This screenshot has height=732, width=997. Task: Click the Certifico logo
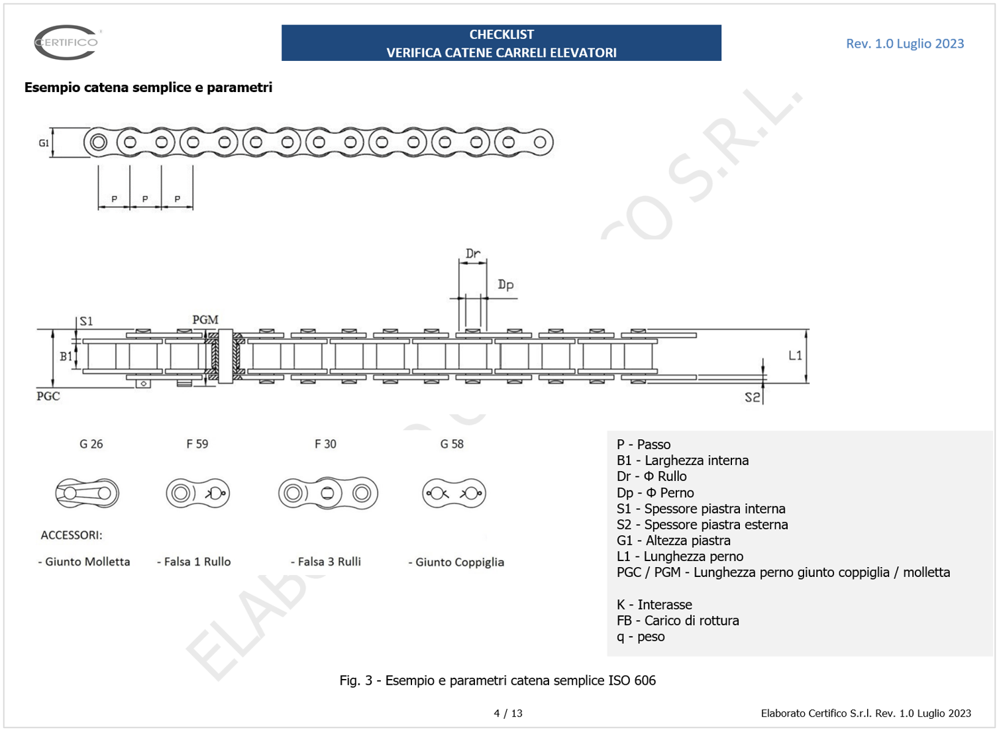pos(66,42)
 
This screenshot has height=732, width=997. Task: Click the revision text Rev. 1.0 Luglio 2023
pos(904,44)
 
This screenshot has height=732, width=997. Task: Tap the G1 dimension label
pos(44,143)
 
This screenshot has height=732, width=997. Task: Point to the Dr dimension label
pos(472,254)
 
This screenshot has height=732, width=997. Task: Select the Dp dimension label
pos(505,285)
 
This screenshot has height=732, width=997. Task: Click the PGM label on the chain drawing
pos(205,320)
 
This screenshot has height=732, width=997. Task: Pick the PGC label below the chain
pos(48,396)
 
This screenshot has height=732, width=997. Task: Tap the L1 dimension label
pos(795,356)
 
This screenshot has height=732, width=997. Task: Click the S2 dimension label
pos(752,397)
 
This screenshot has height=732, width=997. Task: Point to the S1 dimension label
pos(86,321)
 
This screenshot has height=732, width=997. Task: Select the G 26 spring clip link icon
pos(87,493)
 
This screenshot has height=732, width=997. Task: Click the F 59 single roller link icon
pos(197,493)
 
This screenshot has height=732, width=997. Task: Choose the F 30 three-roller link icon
pos(328,493)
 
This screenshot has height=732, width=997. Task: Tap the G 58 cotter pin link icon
pos(454,493)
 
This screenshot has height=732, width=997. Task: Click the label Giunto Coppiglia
pos(456,562)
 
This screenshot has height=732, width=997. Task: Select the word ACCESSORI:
pos(72,535)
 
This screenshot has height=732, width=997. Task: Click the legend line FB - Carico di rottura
pos(677,621)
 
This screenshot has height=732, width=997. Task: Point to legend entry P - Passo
pos(643,444)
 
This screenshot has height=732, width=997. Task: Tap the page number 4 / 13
pos(508,713)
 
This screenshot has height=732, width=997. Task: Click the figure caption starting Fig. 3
pos(498,680)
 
